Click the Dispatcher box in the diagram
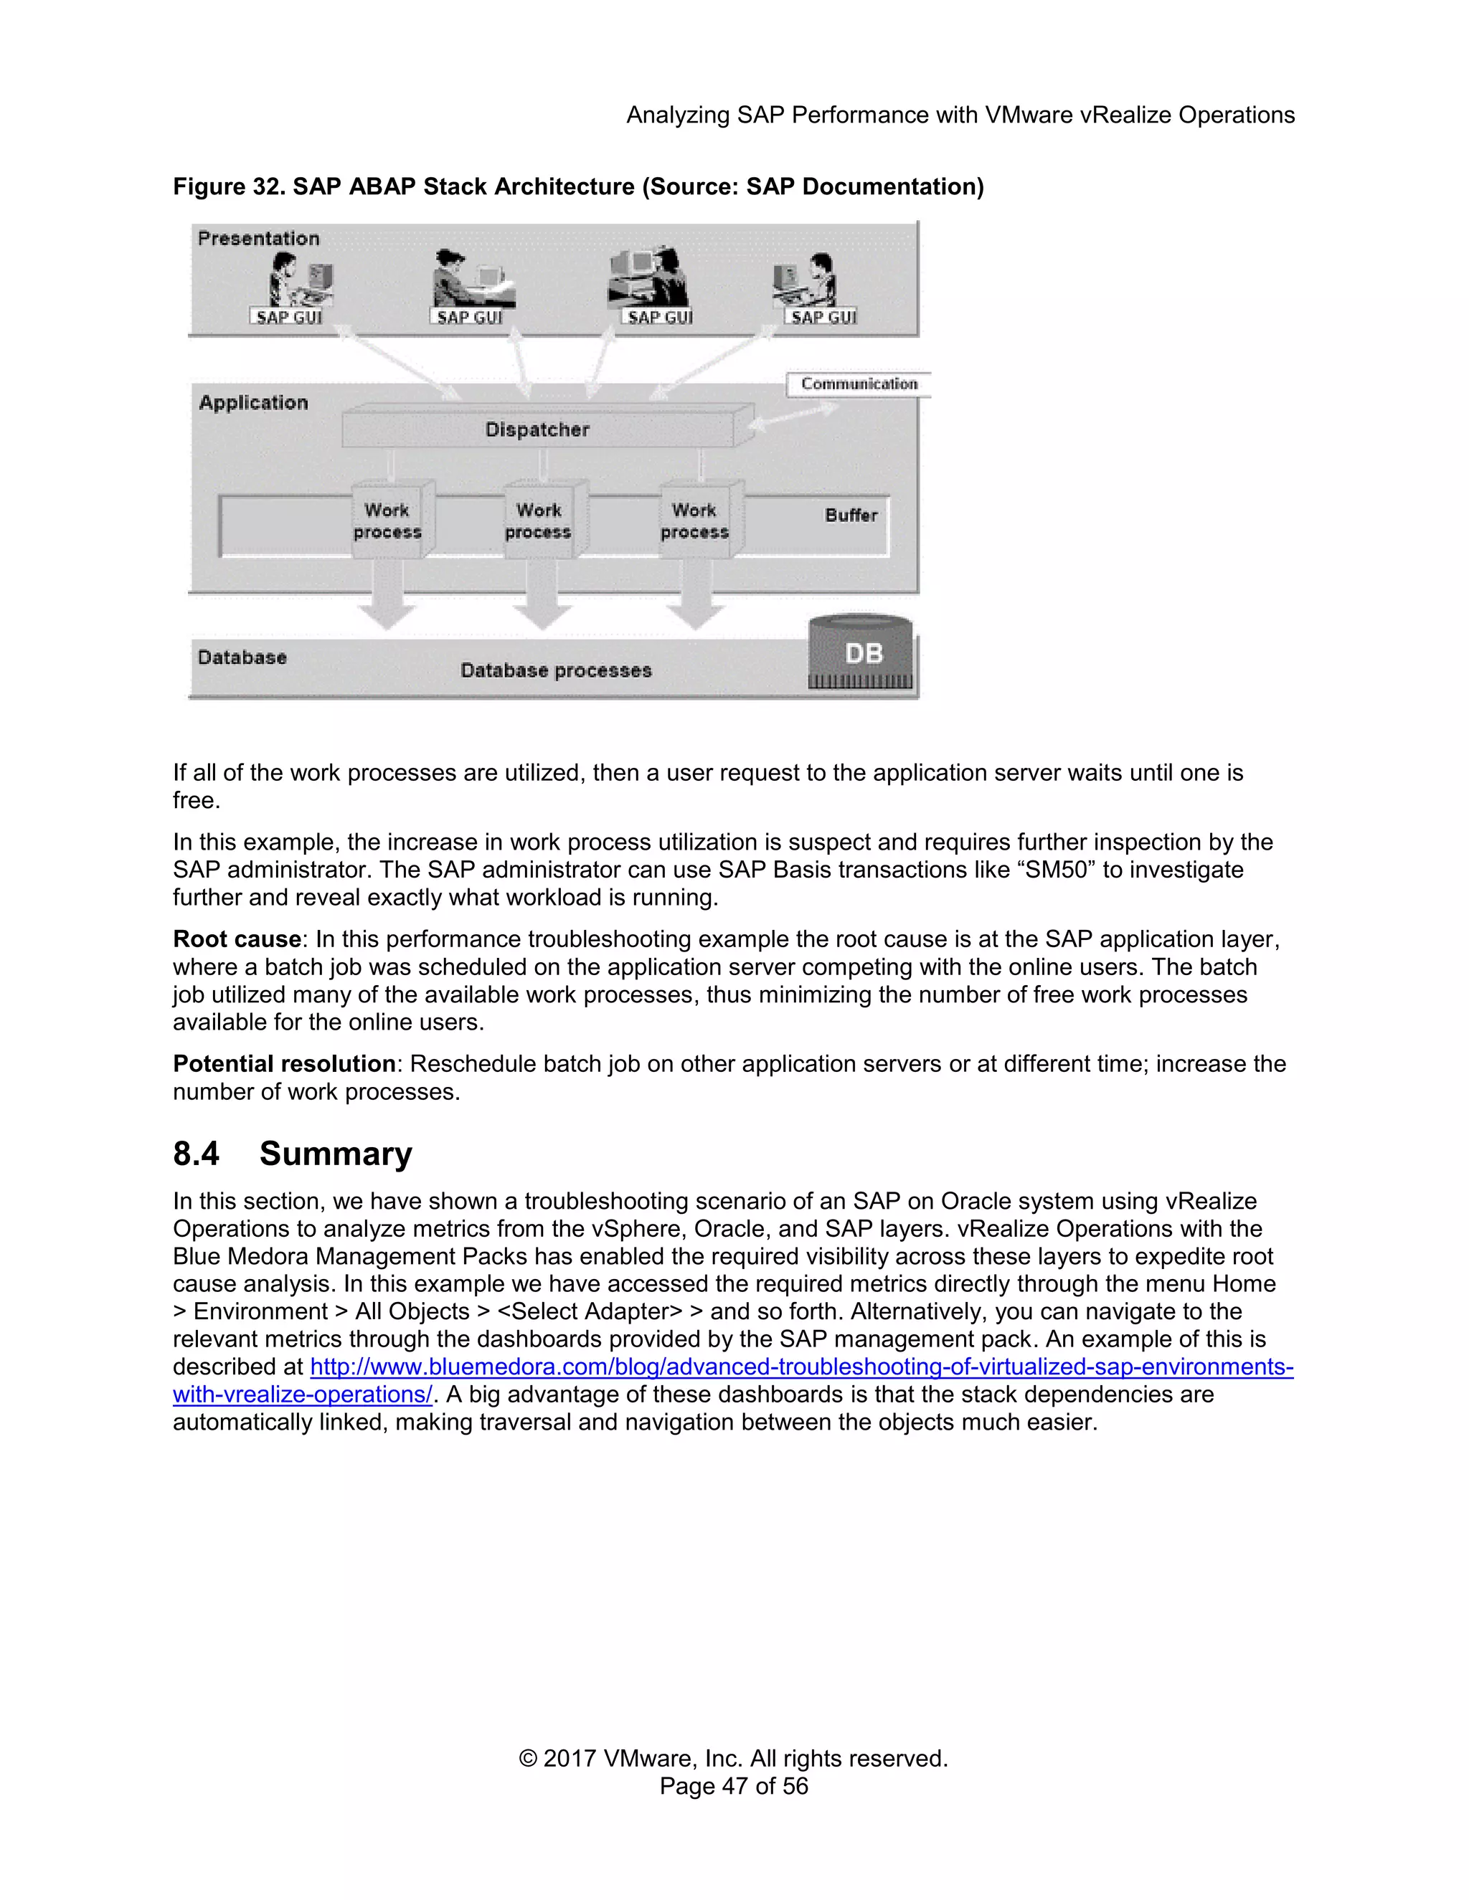tap(538, 429)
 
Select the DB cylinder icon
tap(861, 654)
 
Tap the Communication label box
tap(858, 384)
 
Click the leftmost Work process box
tap(387, 521)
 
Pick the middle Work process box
tap(539, 521)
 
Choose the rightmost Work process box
tap(694, 521)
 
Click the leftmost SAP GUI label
tap(289, 318)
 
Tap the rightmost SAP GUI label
tap(823, 318)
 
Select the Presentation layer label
tap(258, 238)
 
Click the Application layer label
tap(253, 403)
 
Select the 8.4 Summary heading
tap(293, 1154)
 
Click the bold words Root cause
tap(237, 939)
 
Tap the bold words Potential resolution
tap(284, 1064)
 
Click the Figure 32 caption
tap(578, 187)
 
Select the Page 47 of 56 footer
tap(734, 1786)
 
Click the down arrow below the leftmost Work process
tap(387, 600)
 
